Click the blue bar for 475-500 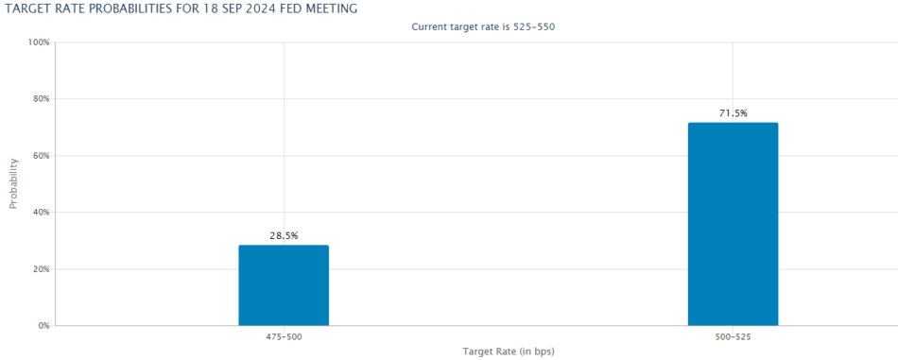tap(284, 285)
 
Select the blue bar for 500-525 tap(733, 224)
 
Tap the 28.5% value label tap(284, 235)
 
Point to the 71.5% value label tap(733, 113)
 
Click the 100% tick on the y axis tap(39, 43)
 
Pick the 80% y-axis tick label tap(41, 99)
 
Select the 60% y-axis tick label tap(41, 156)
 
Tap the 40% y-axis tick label tap(41, 213)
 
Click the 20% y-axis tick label tap(41, 269)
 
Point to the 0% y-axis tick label tap(43, 326)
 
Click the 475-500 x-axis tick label tap(284, 336)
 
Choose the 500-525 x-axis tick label tap(733, 336)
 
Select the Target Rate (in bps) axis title tap(508, 351)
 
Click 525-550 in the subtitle tap(535, 26)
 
